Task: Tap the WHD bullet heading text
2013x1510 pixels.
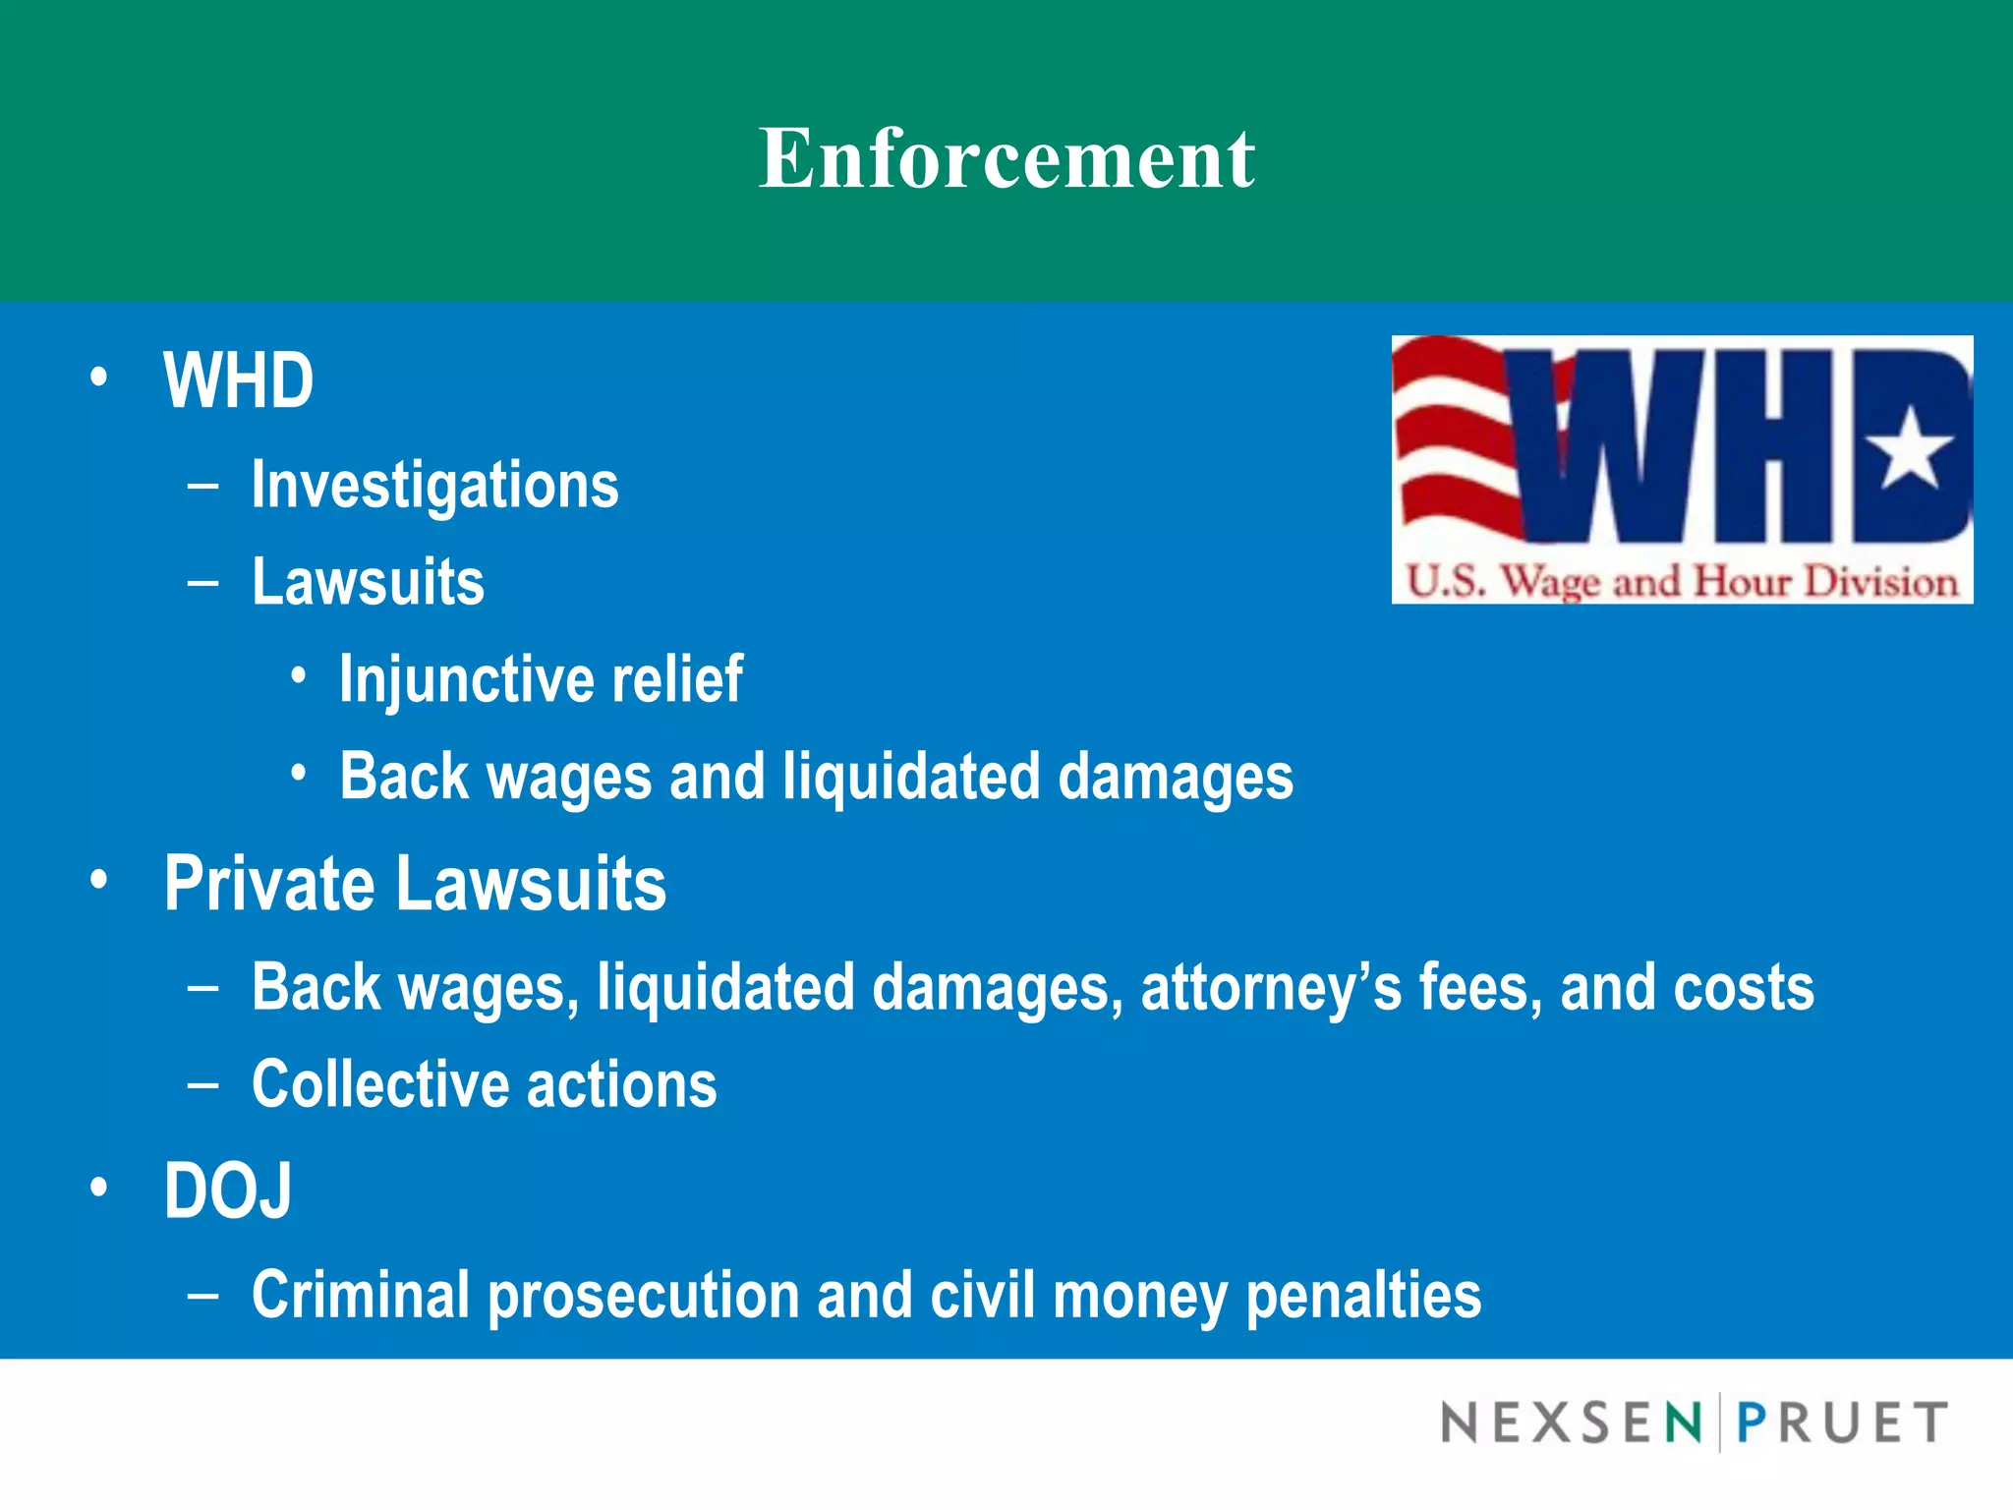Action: tap(239, 380)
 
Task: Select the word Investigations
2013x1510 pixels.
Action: tap(434, 485)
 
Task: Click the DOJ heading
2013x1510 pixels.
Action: tap(228, 1191)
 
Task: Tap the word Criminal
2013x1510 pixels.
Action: tap(360, 1295)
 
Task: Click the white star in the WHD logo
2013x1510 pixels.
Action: tap(1910, 450)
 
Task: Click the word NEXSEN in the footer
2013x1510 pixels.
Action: tap(1571, 1423)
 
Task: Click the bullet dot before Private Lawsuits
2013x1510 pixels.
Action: tap(98, 880)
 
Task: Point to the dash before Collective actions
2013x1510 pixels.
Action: tap(202, 1084)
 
